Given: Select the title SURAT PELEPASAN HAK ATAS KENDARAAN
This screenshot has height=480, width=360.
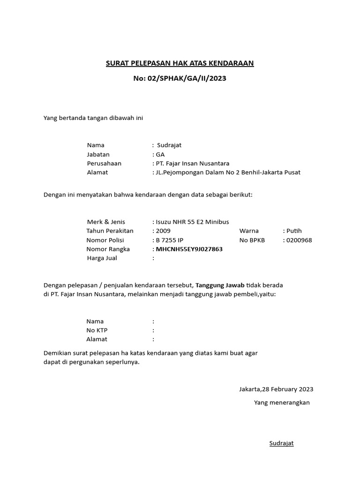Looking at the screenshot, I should (180, 63).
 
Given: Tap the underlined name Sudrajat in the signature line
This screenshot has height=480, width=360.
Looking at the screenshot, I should (281, 443).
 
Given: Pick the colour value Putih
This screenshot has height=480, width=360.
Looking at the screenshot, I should (294, 231).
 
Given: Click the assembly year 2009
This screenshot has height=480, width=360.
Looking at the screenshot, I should (163, 231).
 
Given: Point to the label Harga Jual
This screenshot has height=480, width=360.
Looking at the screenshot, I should (102, 258).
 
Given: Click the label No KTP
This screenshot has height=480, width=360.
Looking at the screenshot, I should (97, 330).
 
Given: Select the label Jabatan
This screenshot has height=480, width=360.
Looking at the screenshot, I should (98, 154).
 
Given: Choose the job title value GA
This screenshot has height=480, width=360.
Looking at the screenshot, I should (160, 154).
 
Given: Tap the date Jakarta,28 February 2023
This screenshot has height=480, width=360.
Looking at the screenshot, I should (276, 389).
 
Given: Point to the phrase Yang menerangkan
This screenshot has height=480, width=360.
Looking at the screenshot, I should (282, 402).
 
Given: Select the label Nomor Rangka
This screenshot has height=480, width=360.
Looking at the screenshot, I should (108, 249).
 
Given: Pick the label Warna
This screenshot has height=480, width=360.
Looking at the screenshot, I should (249, 231).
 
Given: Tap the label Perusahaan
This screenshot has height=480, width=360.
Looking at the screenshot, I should (104, 163).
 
